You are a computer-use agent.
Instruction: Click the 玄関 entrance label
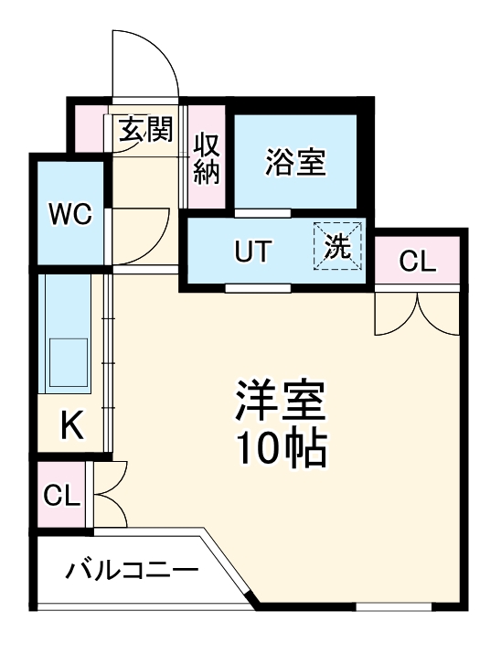(145, 131)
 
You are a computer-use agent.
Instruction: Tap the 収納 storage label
(207, 157)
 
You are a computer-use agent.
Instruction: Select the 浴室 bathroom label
(295, 162)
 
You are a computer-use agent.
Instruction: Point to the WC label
(69, 215)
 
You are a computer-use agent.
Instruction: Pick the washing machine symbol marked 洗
(338, 247)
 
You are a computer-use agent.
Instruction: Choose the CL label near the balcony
(62, 497)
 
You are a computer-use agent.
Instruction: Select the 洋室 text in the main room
(281, 399)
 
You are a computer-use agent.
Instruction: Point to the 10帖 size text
(281, 447)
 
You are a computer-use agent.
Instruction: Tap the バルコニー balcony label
(131, 573)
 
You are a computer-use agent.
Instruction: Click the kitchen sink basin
(68, 362)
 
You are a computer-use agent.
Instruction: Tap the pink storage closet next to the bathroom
(207, 157)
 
